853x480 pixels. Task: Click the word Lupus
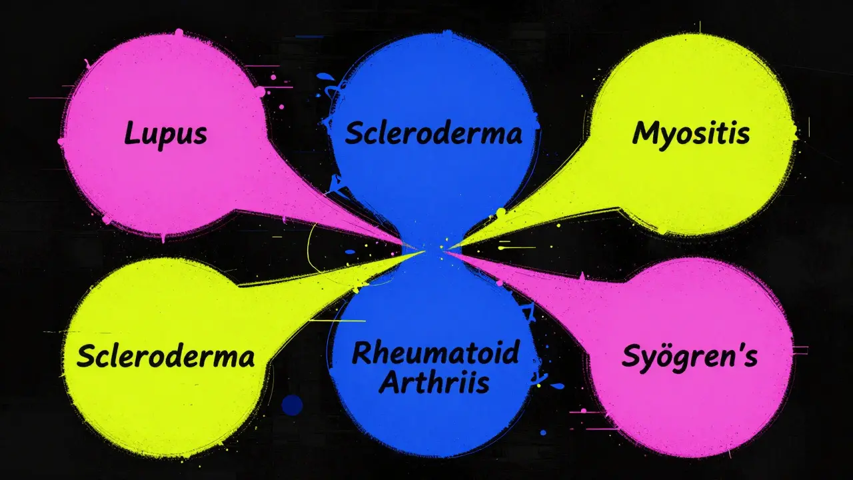[x=166, y=135]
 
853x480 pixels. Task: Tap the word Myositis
[x=691, y=134]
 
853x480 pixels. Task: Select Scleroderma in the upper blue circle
[x=433, y=133]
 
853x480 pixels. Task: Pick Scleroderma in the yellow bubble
[x=166, y=355]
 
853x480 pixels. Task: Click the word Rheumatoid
[x=436, y=353]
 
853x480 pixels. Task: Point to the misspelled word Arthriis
[x=434, y=382]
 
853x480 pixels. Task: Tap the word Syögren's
[x=690, y=357]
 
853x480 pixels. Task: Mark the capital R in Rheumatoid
[x=362, y=353]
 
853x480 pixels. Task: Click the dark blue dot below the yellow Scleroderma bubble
[x=292, y=405]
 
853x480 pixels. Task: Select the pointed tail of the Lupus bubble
[x=413, y=247]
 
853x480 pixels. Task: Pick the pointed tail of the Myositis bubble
[x=449, y=247]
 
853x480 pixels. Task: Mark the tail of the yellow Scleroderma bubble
[x=423, y=252]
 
